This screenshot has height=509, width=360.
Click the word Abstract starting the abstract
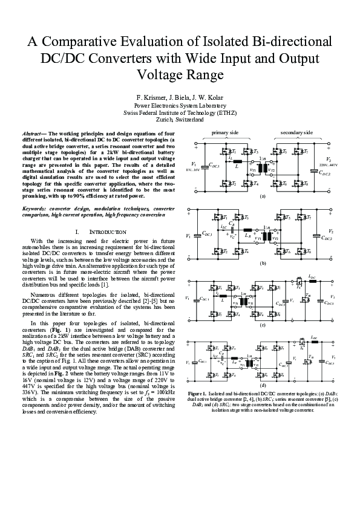click(x=34, y=132)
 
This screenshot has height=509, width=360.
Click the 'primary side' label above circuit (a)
click(x=224, y=132)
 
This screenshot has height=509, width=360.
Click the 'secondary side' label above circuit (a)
click(x=296, y=132)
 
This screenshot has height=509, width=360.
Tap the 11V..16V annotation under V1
click(x=193, y=170)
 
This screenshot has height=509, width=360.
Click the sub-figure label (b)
click(x=263, y=264)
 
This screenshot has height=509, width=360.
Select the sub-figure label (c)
click(x=263, y=325)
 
